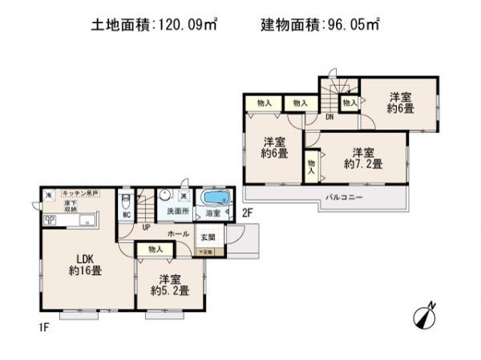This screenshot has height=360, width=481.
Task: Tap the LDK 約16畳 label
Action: pyautogui.click(x=83, y=264)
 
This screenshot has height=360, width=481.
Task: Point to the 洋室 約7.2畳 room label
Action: pyautogui.click(x=363, y=158)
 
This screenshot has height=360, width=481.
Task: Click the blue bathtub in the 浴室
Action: pyautogui.click(x=215, y=198)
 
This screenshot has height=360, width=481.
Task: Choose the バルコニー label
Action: pyautogui.click(x=344, y=196)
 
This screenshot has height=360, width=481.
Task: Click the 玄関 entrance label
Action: pyautogui.click(x=208, y=237)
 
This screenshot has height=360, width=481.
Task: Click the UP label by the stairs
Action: pyautogui.click(x=146, y=228)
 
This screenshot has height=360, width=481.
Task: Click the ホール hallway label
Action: pyautogui.click(x=178, y=233)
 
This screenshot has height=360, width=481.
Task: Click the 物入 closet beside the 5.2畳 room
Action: pyautogui.click(x=156, y=250)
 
